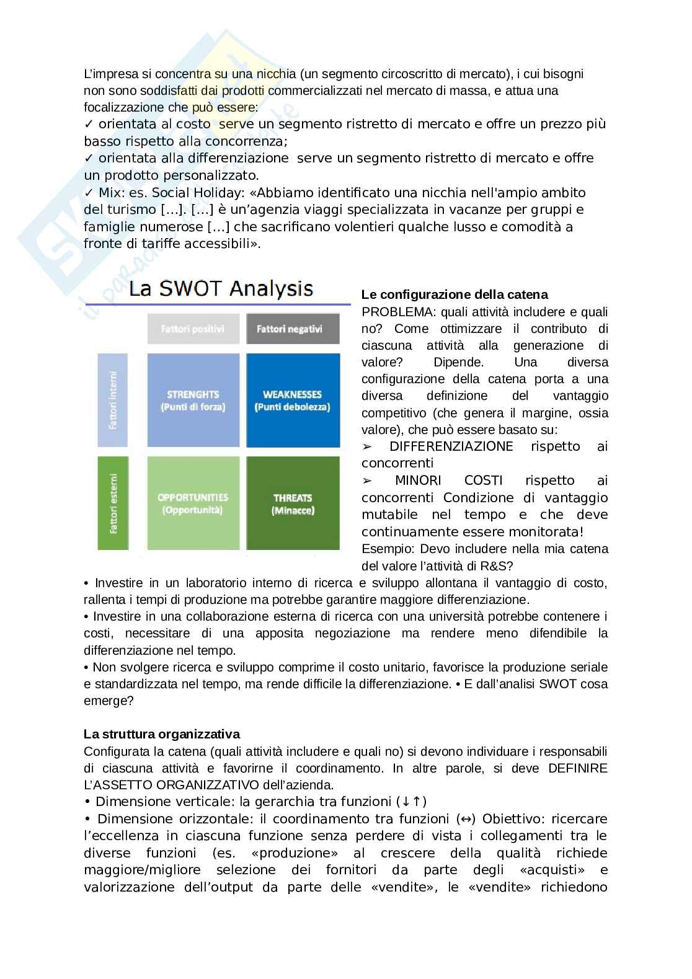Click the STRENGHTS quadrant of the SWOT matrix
(193, 400)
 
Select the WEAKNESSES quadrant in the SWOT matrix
(293, 400)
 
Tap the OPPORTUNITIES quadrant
(193, 503)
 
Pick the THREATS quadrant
(293, 503)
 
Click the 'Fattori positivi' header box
(193, 329)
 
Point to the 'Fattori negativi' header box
(293, 329)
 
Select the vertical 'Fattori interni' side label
(112, 400)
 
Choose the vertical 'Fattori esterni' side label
(112, 503)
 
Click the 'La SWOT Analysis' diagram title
(221, 289)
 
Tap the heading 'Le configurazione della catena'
(455, 295)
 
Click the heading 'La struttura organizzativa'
(162, 734)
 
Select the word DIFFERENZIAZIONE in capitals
(451, 446)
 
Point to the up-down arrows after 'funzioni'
(412, 801)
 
